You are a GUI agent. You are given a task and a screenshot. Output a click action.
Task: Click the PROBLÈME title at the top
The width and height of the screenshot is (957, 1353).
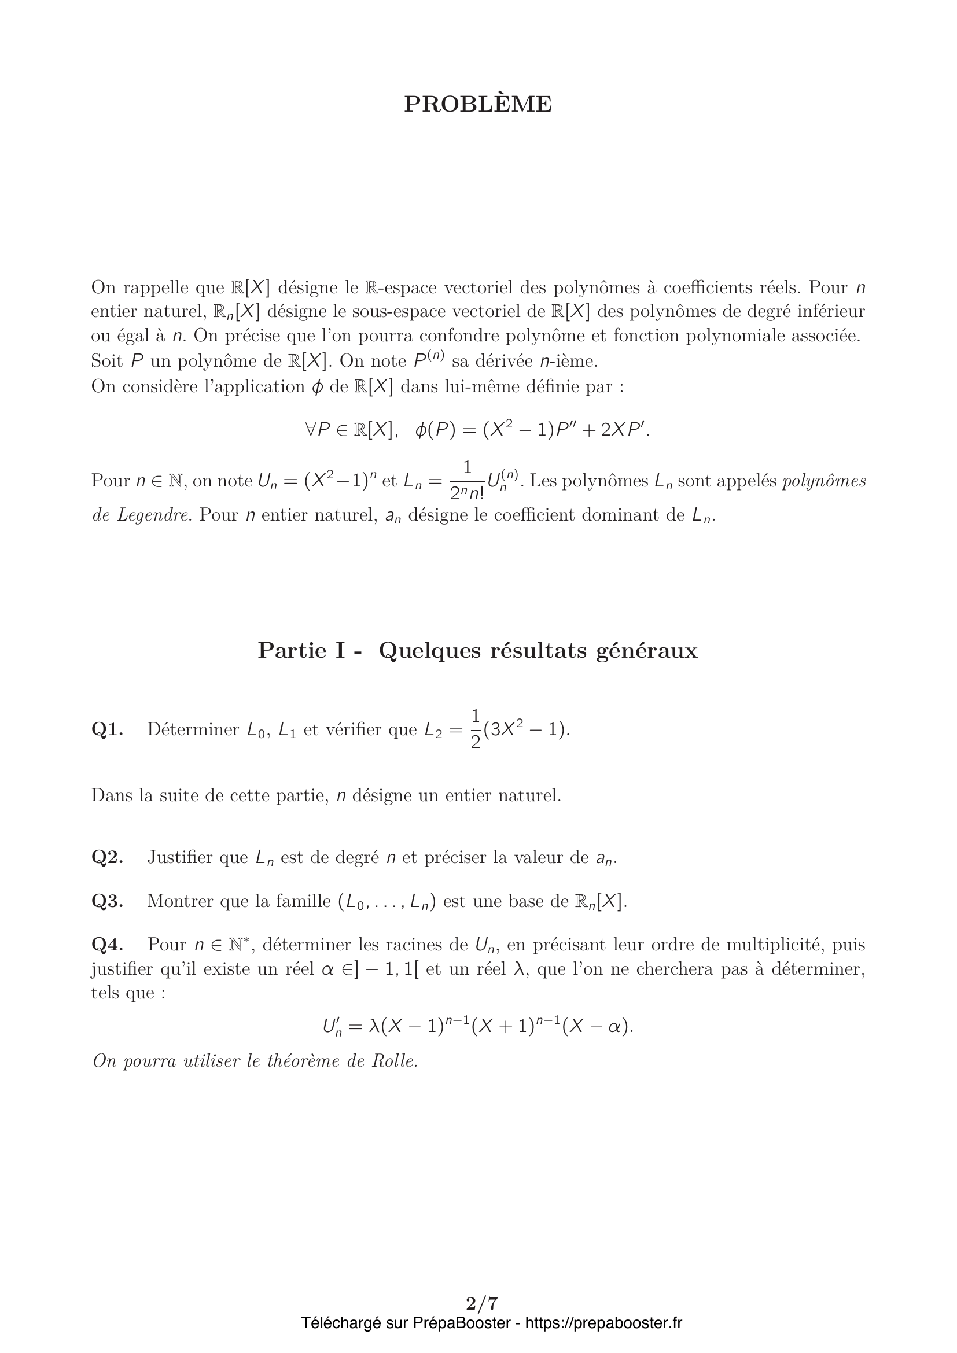(478, 104)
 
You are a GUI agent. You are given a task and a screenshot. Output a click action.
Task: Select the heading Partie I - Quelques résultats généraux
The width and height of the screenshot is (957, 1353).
(478, 651)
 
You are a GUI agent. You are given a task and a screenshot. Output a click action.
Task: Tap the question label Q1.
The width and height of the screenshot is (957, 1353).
(107, 730)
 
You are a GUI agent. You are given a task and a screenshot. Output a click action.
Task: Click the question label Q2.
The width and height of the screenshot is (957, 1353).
(107, 857)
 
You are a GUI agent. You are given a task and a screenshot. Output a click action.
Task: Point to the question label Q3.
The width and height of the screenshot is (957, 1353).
(107, 901)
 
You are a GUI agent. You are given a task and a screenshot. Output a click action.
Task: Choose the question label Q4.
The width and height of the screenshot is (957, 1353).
(107, 945)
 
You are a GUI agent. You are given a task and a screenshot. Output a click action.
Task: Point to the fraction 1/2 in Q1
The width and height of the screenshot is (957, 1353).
(476, 729)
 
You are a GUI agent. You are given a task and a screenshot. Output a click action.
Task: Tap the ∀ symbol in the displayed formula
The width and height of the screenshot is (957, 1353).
(311, 431)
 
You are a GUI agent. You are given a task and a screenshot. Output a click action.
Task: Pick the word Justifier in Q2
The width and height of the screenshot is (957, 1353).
(181, 857)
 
